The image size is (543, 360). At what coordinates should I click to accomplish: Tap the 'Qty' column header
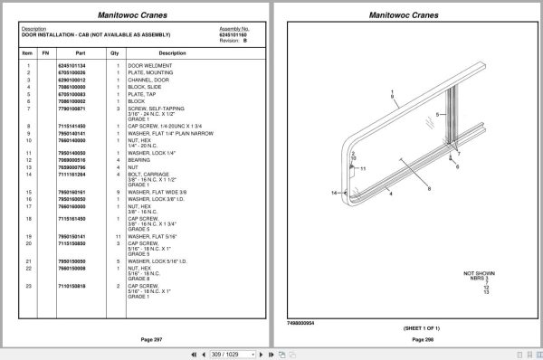point(115,53)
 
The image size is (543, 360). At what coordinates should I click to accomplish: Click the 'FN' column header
point(45,53)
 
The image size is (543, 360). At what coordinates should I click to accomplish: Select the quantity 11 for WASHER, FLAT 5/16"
point(117,235)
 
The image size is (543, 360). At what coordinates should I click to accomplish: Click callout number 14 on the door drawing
point(334,194)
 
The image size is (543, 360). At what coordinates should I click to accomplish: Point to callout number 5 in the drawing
point(438,116)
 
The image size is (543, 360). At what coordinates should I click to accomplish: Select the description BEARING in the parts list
point(140,160)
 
